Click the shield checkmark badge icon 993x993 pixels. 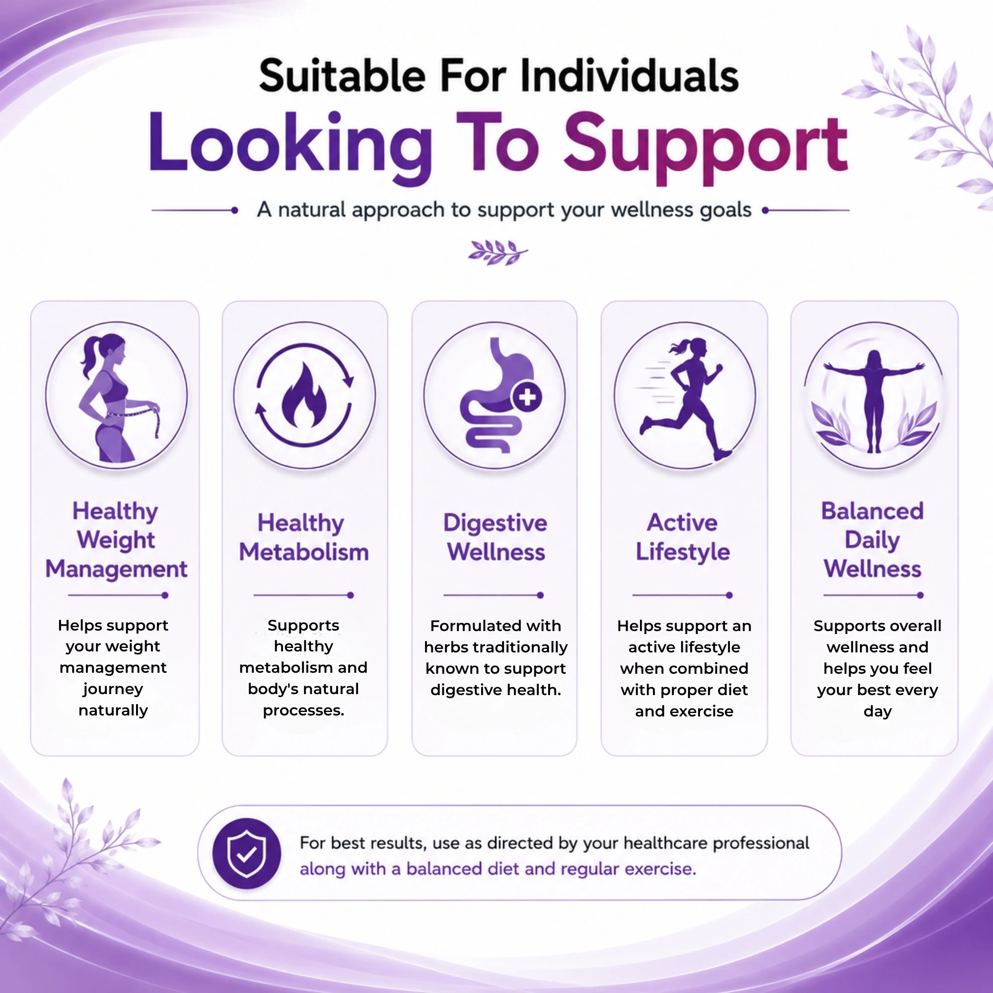247,853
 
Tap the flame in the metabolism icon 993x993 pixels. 304,395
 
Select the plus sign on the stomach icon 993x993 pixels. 527,397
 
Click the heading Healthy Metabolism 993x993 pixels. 304,537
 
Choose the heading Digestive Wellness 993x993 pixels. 496,537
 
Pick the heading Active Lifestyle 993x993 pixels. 683,537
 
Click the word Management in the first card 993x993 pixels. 116,569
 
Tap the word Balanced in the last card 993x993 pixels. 872,511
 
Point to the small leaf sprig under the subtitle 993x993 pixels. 497,252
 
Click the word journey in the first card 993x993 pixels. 113,690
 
